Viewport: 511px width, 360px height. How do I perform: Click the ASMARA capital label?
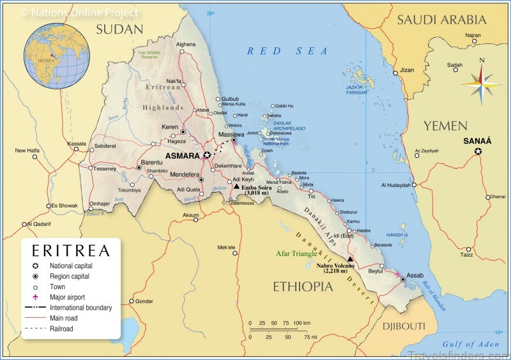(183, 155)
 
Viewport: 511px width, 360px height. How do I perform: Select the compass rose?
(482, 81)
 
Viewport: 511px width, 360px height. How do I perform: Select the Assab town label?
(415, 275)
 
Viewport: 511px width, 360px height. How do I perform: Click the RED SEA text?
(287, 51)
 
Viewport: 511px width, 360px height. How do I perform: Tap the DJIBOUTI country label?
(404, 326)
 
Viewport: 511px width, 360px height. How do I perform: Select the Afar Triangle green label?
(295, 253)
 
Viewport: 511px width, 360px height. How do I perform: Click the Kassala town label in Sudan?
(77, 144)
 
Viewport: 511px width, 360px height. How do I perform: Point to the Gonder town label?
(145, 301)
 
